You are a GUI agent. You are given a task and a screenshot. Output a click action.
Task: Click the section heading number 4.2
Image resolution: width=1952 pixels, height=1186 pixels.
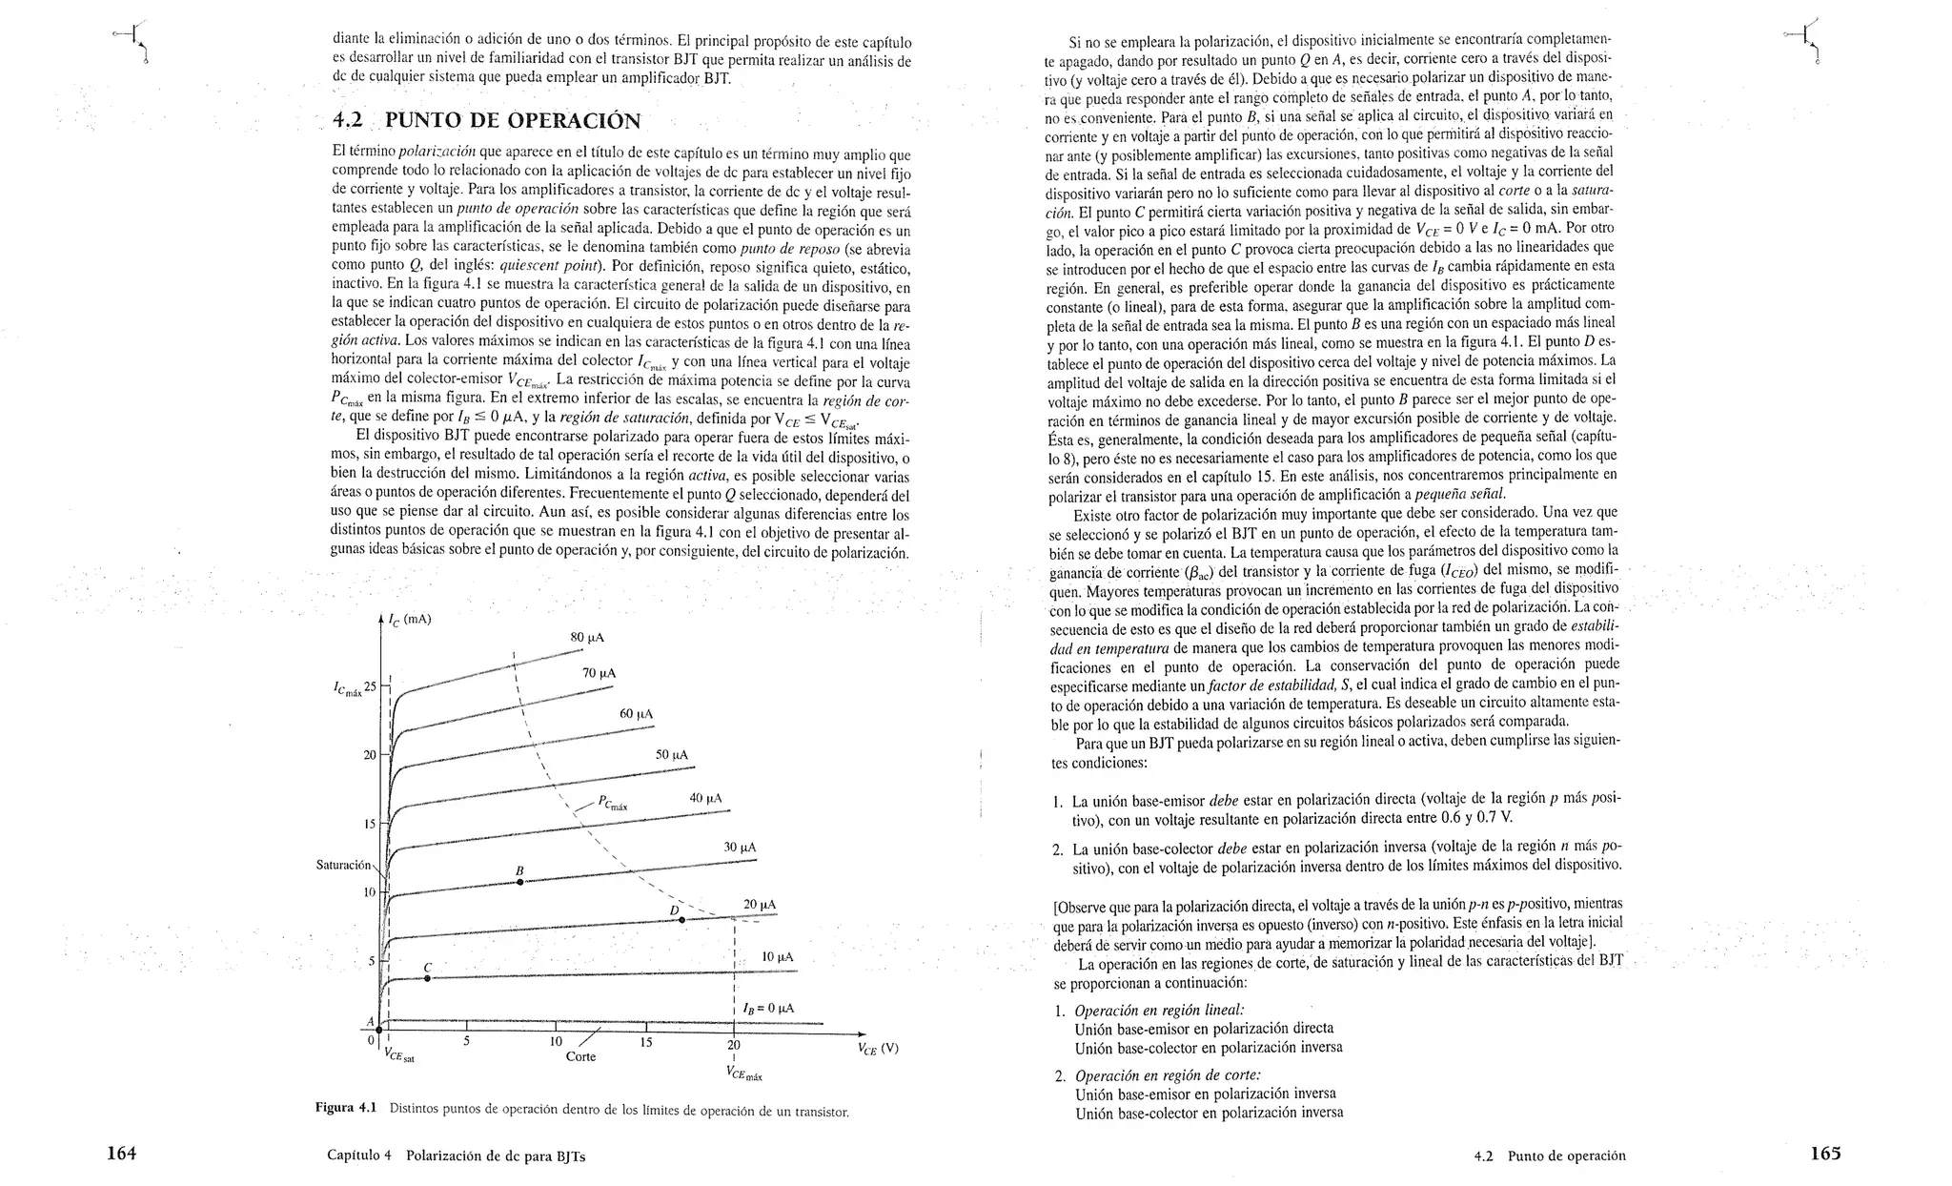pyautogui.click(x=348, y=121)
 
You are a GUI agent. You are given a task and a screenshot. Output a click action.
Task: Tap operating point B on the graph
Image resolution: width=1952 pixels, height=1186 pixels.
pyautogui.click(x=519, y=882)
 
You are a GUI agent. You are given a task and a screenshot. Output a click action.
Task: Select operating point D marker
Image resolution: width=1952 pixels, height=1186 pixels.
pyautogui.click(x=681, y=919)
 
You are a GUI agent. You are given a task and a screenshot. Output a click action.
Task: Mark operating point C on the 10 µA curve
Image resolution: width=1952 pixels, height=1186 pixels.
pyautogui.click(x=427, y=978)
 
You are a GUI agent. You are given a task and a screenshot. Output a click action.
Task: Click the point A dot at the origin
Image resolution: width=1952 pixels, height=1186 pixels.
pyautogui.click(x=379, y=1030)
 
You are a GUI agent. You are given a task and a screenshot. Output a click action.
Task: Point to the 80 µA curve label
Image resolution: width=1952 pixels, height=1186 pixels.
pyautogui.click(x=587, y=637)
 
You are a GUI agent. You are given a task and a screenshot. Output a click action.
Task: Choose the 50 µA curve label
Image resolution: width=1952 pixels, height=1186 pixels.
pyautogui.click(x=672, y=755)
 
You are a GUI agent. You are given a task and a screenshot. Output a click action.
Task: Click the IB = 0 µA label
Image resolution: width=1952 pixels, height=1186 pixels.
pyautogui.click(x=768, y=1008)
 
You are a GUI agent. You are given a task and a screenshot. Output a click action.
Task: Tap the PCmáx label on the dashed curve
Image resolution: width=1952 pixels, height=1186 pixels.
pyautogui.click(x=613, y=804)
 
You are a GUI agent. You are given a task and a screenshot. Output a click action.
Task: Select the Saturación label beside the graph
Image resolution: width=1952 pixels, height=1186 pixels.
pyautogui.click(x=343, y=865)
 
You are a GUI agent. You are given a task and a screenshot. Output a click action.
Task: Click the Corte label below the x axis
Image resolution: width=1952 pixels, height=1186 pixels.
pyautogui.click(x=580, y=1056)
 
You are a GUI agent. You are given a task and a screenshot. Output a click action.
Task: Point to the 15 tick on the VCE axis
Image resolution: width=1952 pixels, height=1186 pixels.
pyautogui.click(x=645, y=1042)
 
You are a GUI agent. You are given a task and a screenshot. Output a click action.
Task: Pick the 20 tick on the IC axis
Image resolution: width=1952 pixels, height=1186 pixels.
pyautogui.click(x=370, y=755)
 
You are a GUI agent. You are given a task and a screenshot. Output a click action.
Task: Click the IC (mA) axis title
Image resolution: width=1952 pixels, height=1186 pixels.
pyautogui.click(x=411, y=620)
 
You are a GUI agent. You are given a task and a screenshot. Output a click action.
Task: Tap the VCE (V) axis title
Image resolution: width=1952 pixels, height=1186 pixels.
pyautogui.click(x=878, y=1049)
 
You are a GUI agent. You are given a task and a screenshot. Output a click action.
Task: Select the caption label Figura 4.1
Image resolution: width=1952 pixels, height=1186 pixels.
pyautogui.click(x=346, y=1108)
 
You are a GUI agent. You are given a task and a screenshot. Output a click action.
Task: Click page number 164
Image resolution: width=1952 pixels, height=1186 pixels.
pyautogui.click(x=121, y=1154)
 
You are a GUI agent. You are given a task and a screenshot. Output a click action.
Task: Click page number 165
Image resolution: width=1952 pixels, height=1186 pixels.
pyautogui.click(x=1825, y=1154)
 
